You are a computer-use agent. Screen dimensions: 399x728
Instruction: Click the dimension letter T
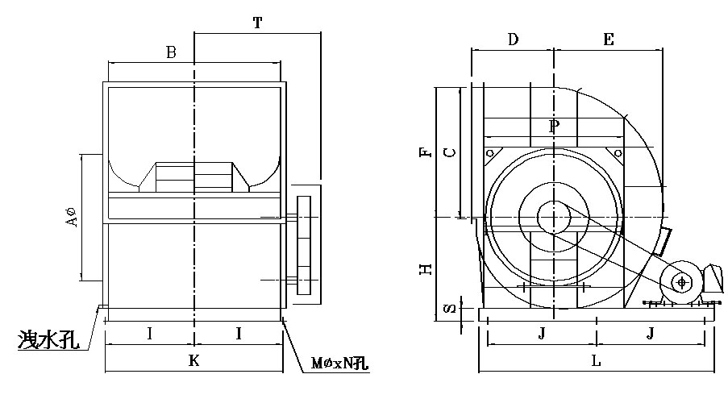pos(257,23)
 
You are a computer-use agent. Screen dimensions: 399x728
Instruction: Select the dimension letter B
pos(170,53)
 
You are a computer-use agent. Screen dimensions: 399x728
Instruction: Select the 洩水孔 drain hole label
pos(47,340)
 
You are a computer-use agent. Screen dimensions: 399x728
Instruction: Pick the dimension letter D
pos(514,39)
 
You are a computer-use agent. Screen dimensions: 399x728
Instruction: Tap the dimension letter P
pos(553,126)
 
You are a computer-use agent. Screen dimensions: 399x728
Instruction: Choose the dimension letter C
pos(451,151)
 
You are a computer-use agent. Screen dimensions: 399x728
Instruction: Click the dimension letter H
pos(428,268)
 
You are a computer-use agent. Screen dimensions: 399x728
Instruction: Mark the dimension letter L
pos(595,361)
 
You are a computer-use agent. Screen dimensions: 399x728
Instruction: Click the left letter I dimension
pos(150,332)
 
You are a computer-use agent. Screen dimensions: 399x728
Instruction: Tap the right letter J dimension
pos(650,331)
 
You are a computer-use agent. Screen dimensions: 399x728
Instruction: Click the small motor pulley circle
pos(682,282)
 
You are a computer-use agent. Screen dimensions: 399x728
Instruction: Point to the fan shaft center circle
pos(554,217)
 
